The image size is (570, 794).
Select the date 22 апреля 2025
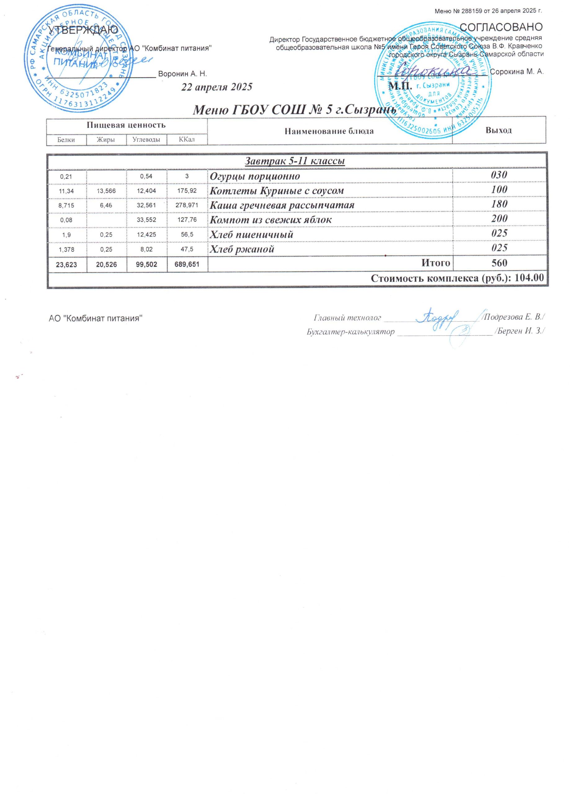(216, 87)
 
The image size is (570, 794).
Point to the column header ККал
(187, 140)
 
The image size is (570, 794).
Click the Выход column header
(499, 131)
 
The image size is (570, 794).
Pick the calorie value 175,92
(187, 191)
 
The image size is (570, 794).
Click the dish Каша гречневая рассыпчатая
(282, 205)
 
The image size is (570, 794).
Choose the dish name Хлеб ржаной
(242, 249)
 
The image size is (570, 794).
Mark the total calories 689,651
(187, 264)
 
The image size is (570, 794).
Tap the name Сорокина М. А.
(517, 72)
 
